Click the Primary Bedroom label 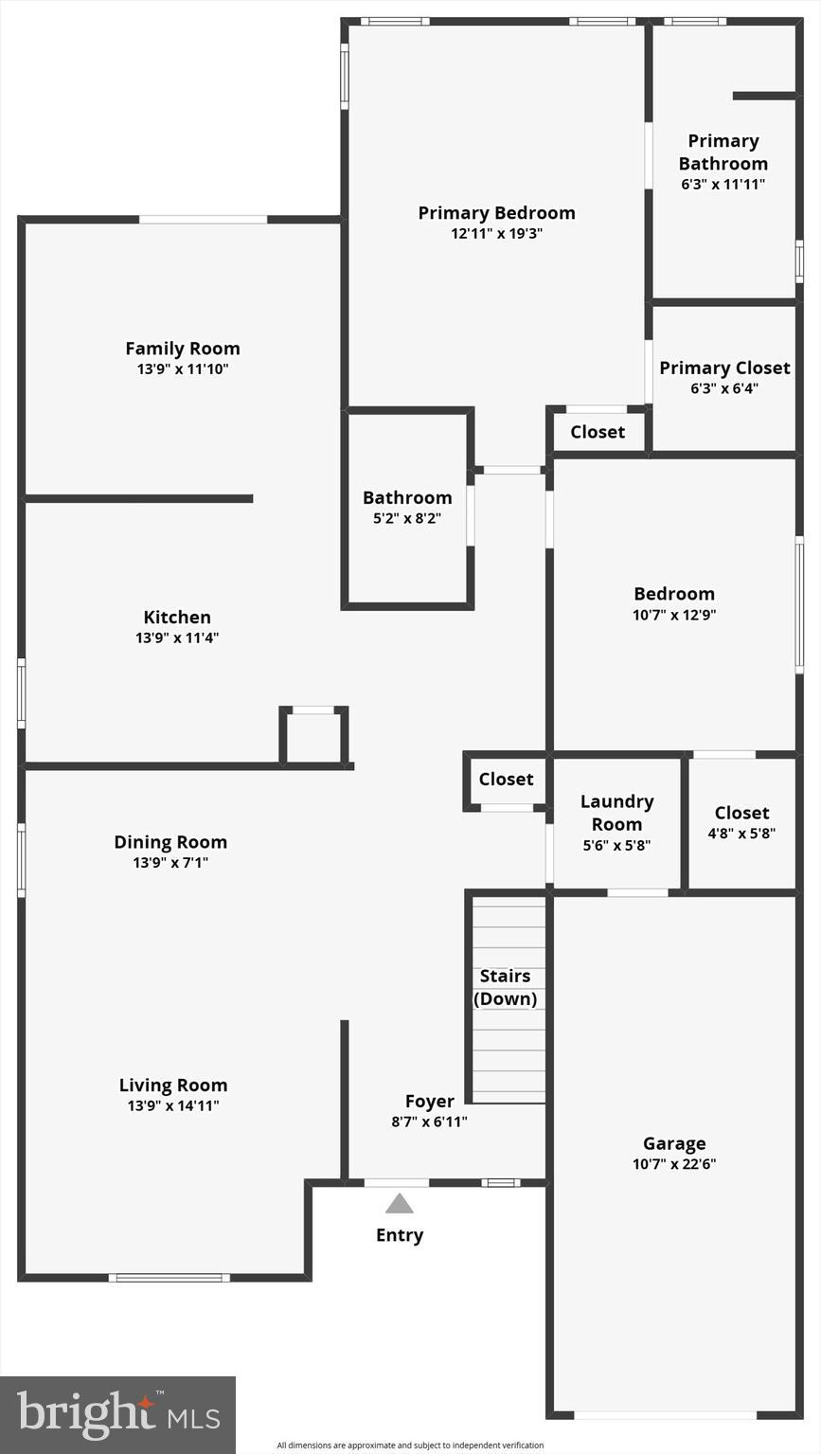coord(496,213)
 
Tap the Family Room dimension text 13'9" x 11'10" coord(183,369)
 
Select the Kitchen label coord(177,618)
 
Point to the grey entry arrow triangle coord(400,1204)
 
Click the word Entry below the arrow coord(400,1235)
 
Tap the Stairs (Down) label coord(505,987)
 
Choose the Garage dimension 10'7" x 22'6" coord(674,1164)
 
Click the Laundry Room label coord(616,813)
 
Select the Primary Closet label coord(724,368)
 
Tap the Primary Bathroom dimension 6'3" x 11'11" coord(723,185)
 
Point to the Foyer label coord(430,1102)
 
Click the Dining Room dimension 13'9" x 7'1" coord(170,863)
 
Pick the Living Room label coord(173,1086)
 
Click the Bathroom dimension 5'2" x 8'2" coord(407,518)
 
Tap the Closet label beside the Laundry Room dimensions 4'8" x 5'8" coord(741,813)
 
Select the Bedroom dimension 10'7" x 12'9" coord(674,615)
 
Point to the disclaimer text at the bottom coord(410,1445)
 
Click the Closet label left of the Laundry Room coord(506,780)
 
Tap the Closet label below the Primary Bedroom coord(598,432)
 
